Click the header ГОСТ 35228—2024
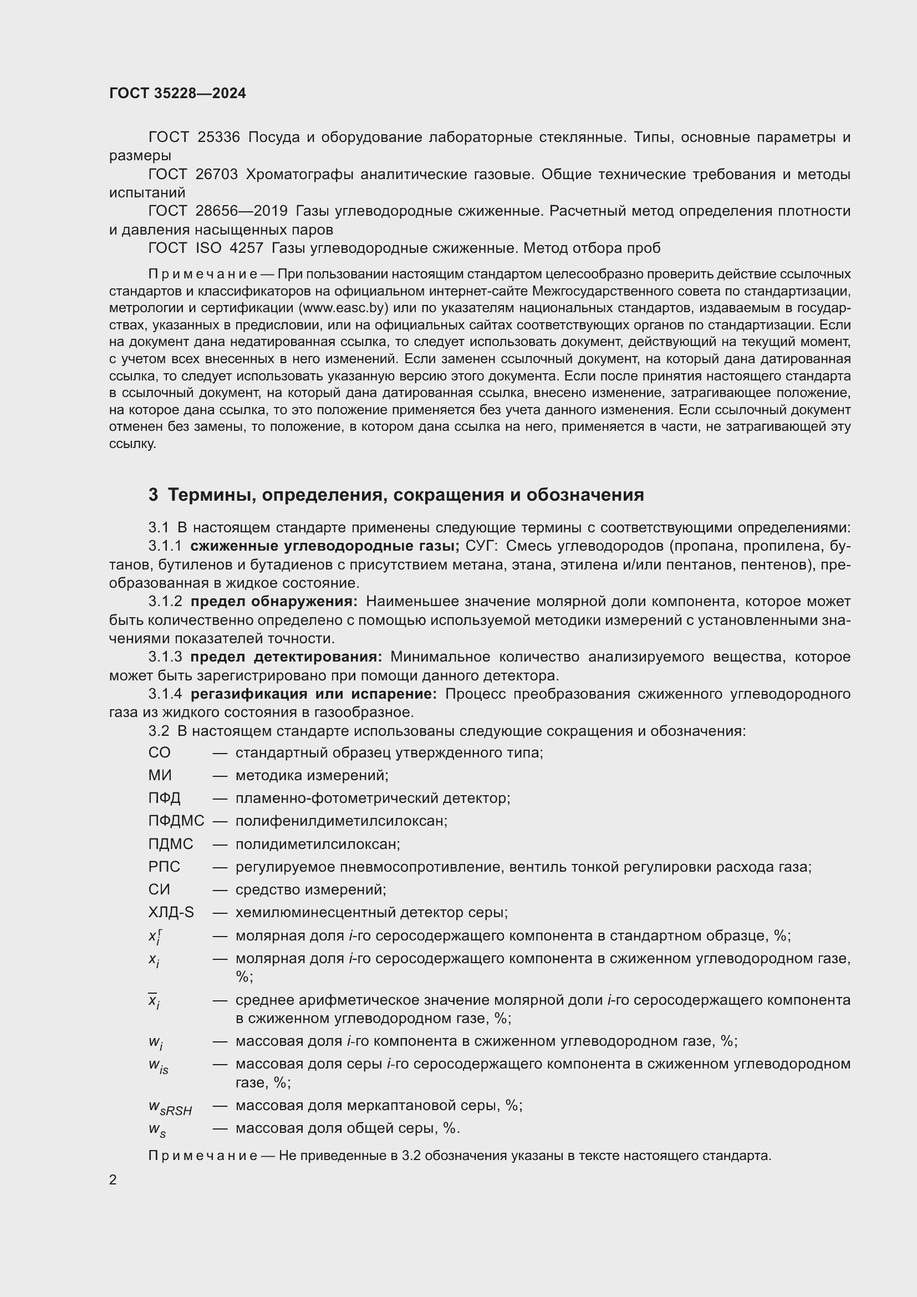[177, 93]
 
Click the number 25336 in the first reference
[218, 138]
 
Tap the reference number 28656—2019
[241, 211]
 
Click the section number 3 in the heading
[153, 495]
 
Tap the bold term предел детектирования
[286, 657]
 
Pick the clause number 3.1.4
[165, 694]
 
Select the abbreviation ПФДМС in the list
[176, 821]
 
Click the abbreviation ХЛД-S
[171, 912]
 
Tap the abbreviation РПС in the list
[164, 867]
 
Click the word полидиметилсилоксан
[317, 844]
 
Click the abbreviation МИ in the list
[160, 775]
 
